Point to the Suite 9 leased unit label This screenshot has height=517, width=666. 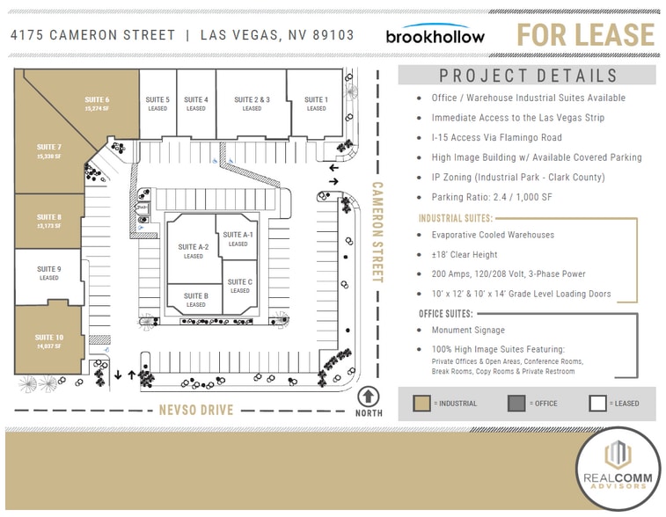[49, 273]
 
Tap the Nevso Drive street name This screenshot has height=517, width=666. [196, 410]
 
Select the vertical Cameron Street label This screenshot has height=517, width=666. [377, 232]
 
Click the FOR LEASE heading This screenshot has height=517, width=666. [585, 35]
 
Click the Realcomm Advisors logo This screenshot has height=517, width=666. [620, 469]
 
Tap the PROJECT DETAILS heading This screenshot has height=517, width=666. [528, 76]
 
